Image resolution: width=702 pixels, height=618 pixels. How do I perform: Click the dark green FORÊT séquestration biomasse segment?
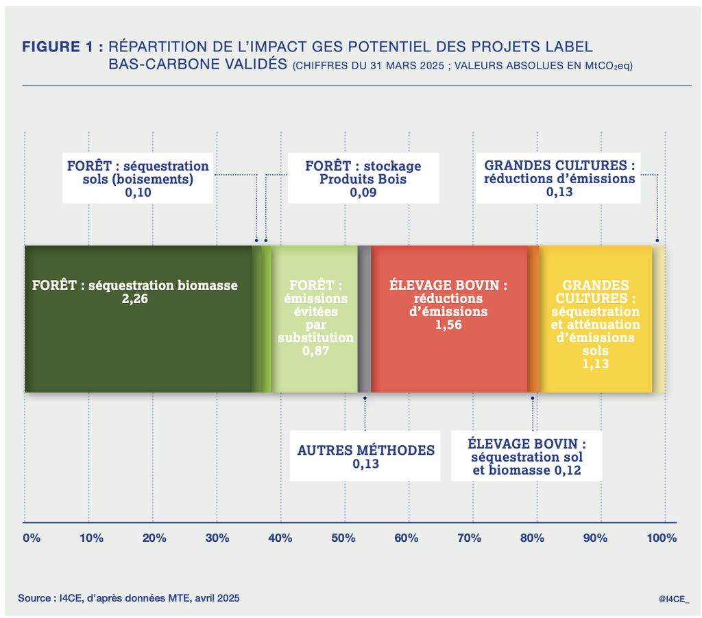[137, 343]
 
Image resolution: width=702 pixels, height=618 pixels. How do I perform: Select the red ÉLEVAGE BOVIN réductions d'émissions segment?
[449, 357]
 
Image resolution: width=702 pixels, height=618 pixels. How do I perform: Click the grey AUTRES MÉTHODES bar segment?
[365, 319]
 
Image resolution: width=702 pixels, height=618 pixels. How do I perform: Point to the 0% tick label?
[32, 538]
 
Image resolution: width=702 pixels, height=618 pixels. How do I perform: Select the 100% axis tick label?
[661, 538]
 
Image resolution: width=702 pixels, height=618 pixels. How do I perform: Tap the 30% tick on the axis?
[217, 538]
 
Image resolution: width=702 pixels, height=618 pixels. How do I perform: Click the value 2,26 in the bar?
[135, 299]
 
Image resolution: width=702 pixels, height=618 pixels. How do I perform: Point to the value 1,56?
[449, 325]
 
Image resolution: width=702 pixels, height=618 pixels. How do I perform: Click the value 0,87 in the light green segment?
[315, 351]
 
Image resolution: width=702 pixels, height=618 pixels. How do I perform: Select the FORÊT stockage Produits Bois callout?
[363, 180]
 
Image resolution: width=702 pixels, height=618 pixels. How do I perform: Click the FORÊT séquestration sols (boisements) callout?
[138, 180]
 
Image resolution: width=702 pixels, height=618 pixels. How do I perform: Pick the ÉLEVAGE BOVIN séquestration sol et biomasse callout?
[526, 457]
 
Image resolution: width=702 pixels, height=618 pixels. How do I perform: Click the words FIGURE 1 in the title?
[62, 47]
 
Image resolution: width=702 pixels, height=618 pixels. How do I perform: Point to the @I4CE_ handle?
[673, 599]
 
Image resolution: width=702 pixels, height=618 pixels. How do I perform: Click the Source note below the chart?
[129, 598]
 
